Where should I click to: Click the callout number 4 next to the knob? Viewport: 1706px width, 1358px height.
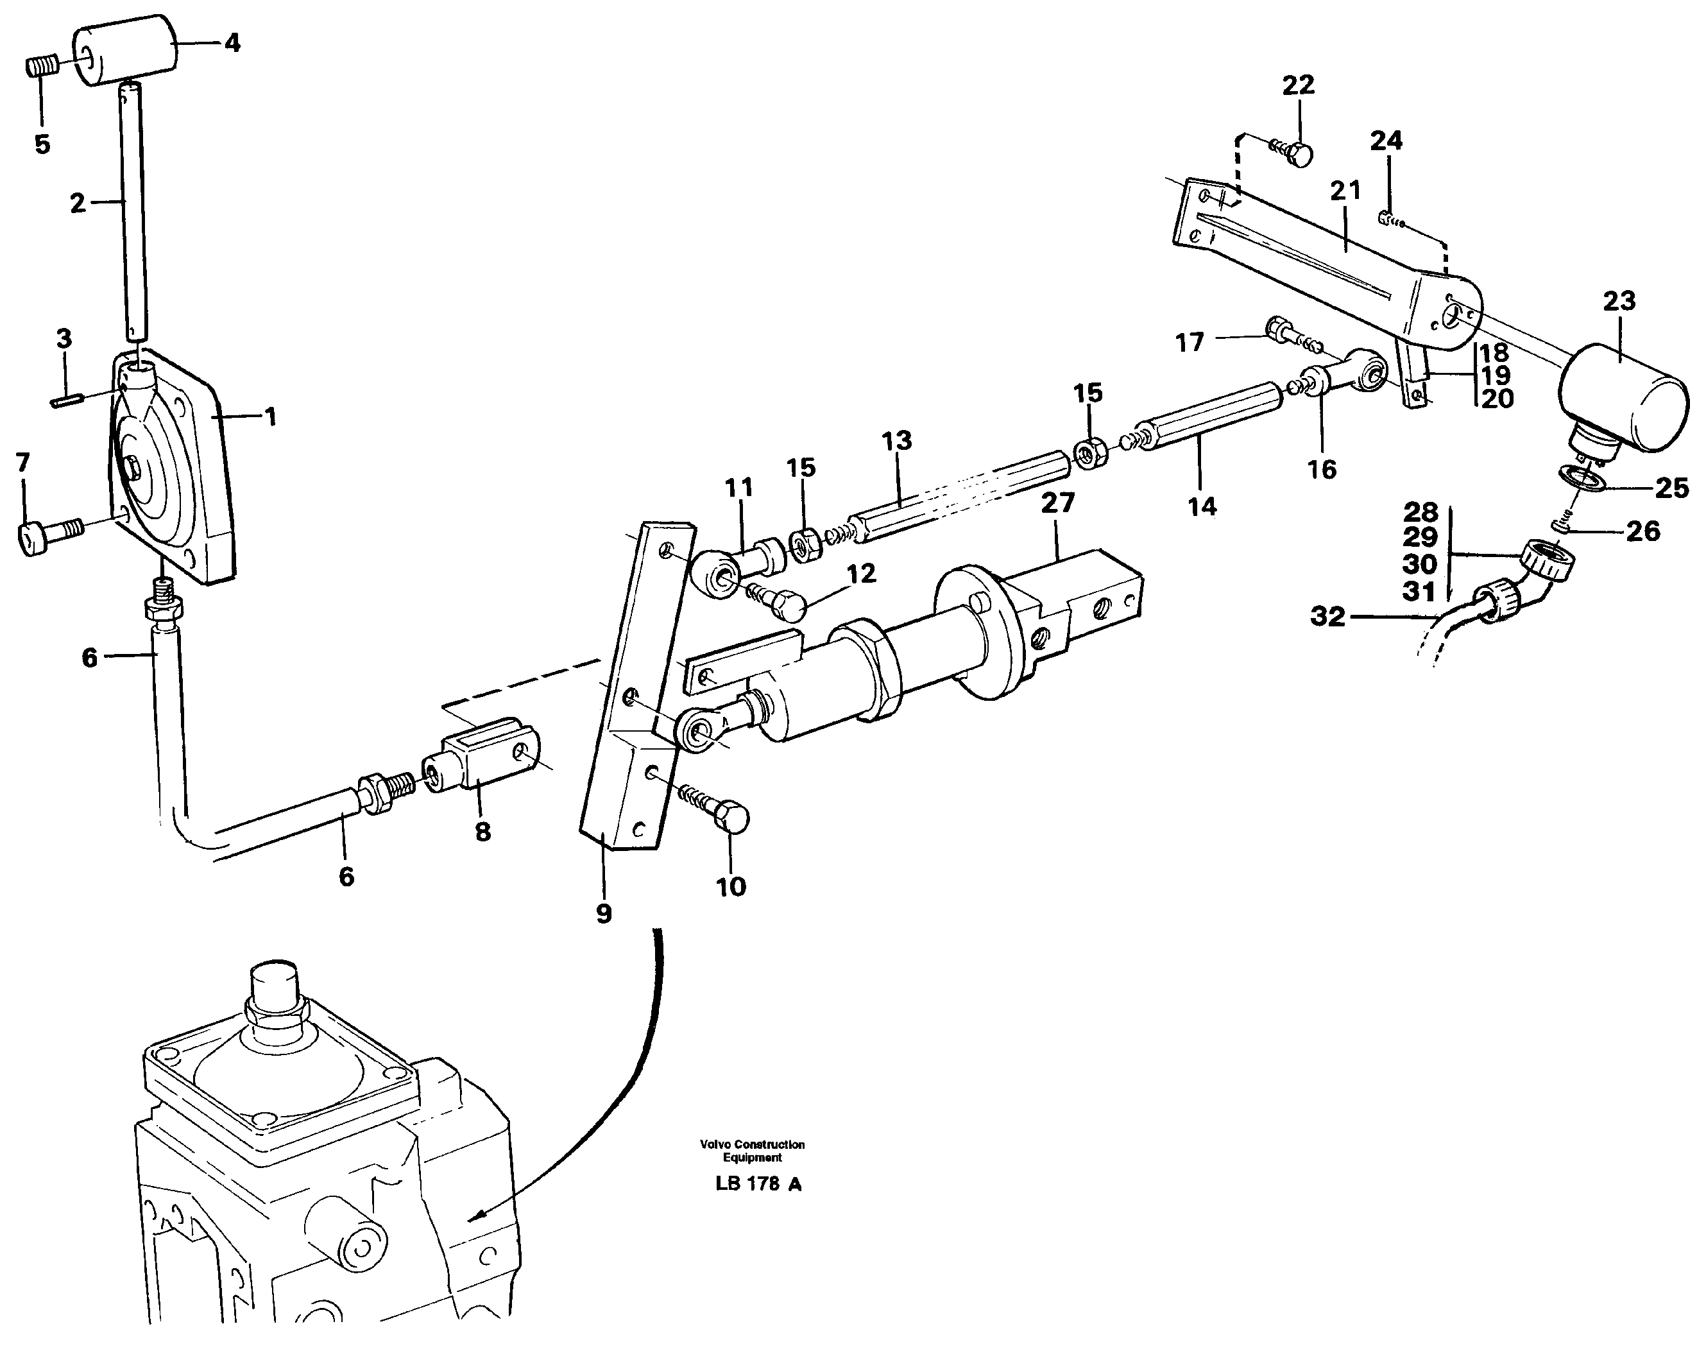232,43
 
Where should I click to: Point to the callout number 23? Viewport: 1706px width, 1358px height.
1619,302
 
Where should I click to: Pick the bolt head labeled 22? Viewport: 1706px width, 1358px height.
1299,153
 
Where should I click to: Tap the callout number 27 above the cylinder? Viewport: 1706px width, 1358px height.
1058,503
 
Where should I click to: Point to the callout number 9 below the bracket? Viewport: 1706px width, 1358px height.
604,914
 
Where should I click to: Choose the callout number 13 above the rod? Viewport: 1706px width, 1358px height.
896,441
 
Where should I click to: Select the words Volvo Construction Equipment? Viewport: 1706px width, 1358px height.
752,1151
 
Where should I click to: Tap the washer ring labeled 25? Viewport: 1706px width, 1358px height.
1580,479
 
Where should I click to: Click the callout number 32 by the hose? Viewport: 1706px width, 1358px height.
1327,617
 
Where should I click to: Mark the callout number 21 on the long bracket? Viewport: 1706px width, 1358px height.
1345,191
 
